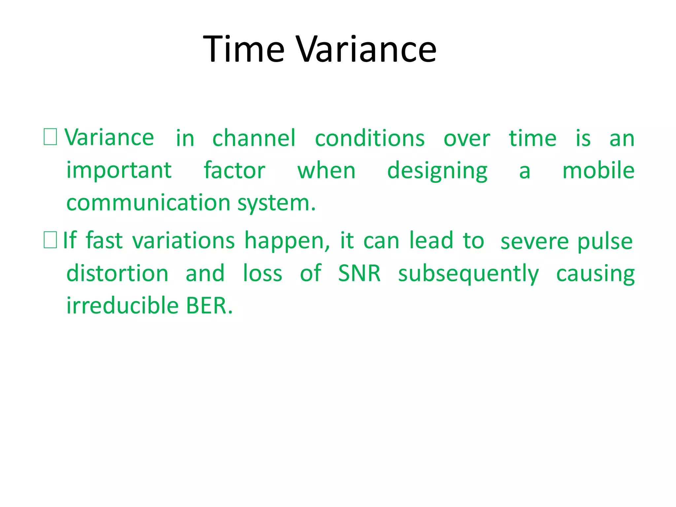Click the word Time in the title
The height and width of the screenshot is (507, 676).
[x=243, y=50]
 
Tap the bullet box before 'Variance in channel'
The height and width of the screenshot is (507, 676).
[x=50, y=137]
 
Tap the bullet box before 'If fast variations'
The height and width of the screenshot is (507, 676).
[x=50, y=240]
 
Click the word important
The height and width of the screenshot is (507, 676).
[x=119, y=171]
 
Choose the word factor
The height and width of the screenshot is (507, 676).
[x=234, y=171]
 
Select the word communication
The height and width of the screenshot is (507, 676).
[x=148, y=203]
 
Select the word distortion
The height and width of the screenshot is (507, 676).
[x=118, y=274]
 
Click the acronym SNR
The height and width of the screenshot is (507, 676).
[x=359, y=274]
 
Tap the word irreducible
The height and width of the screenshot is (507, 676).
[x=122, y=305]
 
